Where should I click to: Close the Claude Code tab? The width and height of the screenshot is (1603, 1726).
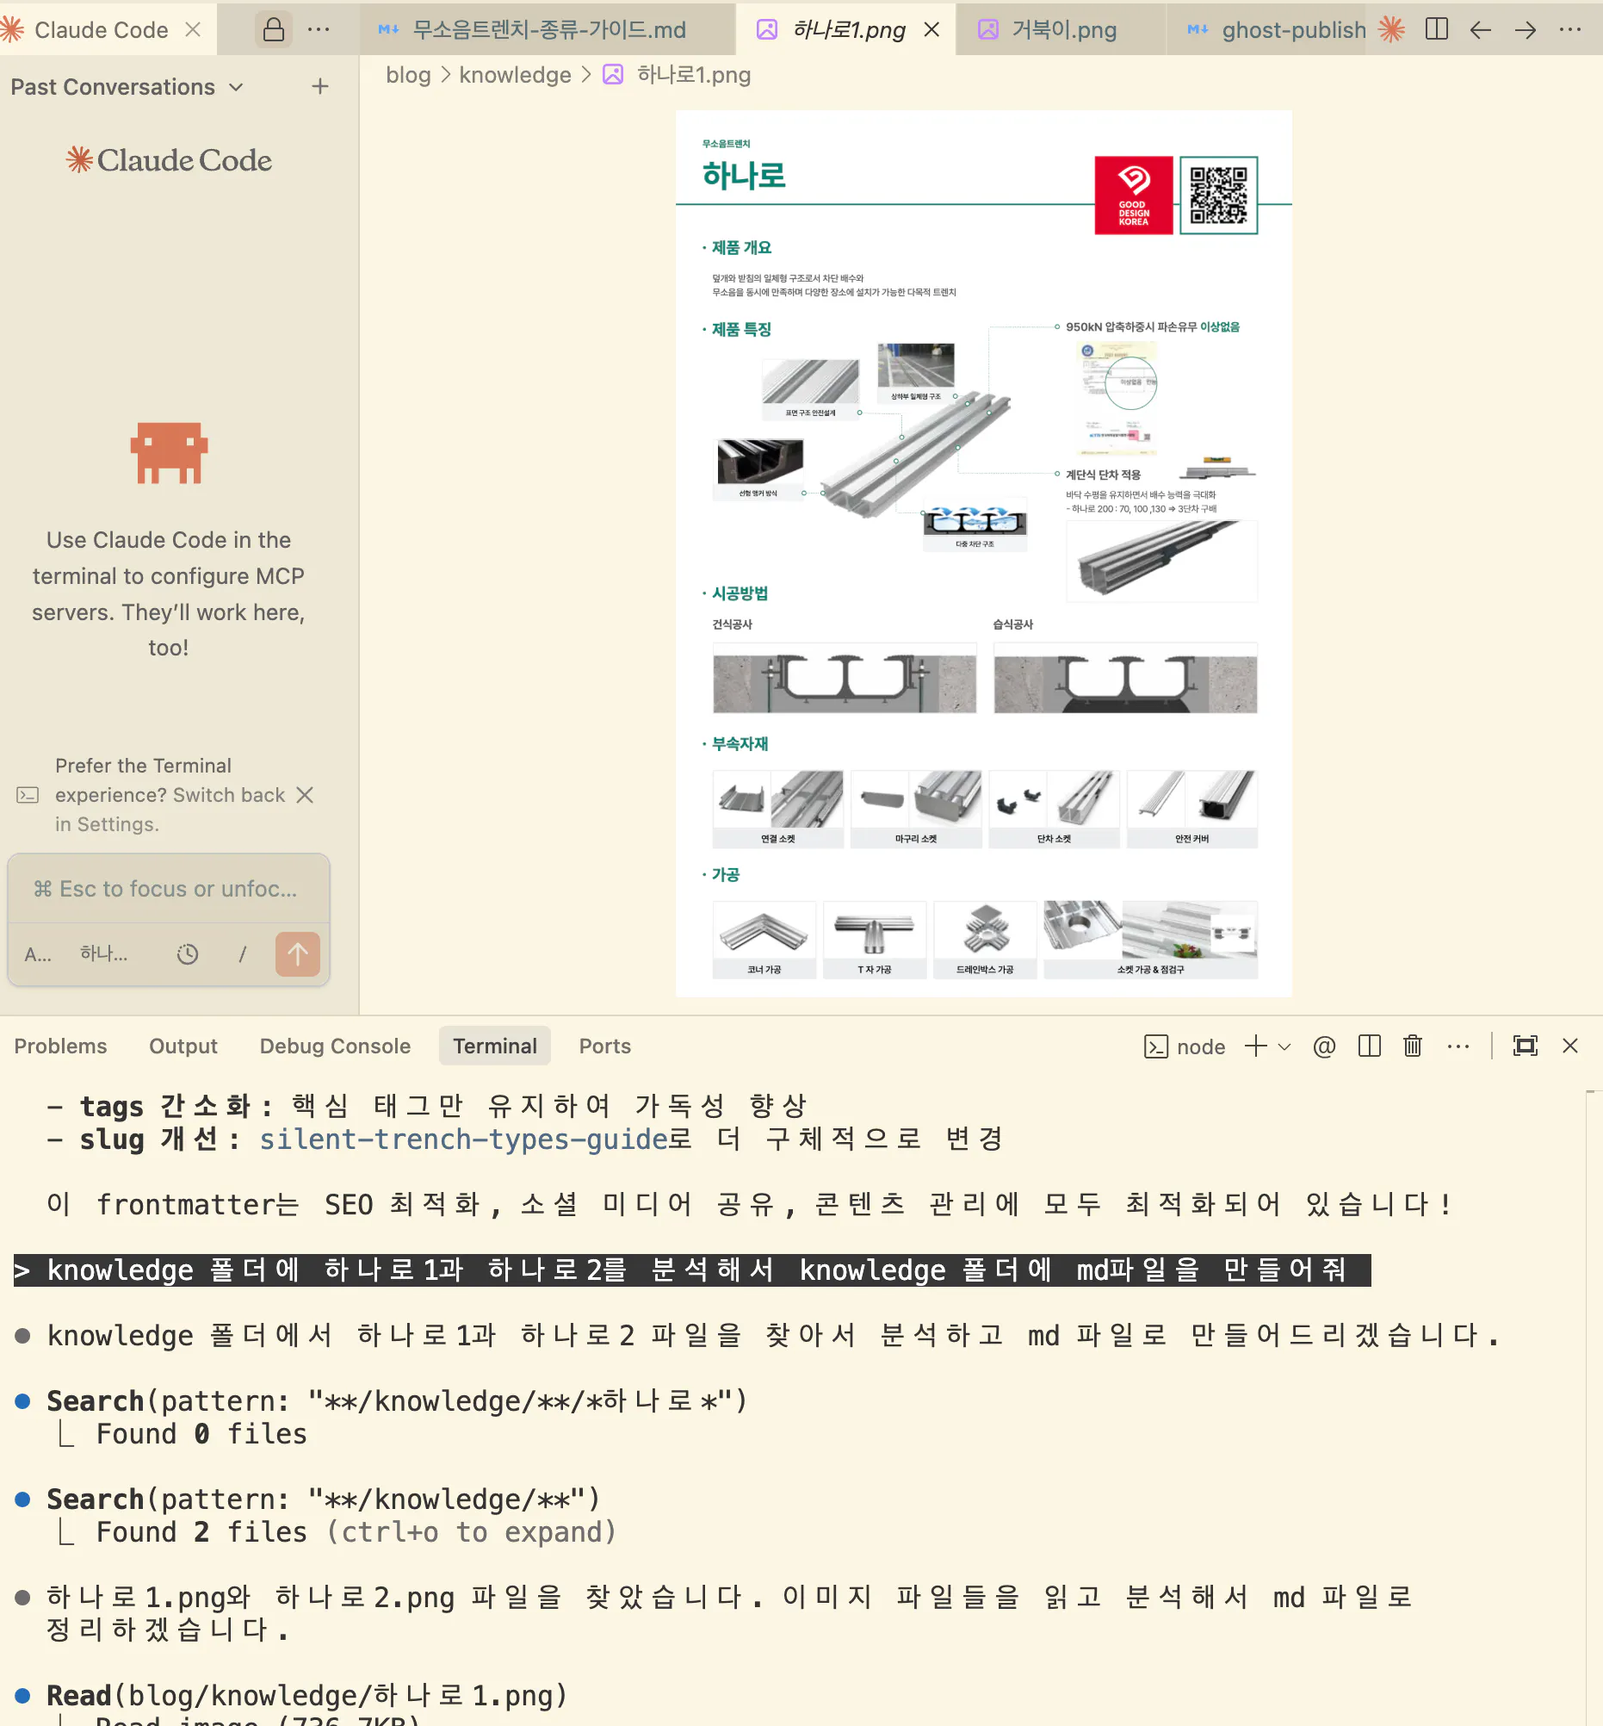[193, 29]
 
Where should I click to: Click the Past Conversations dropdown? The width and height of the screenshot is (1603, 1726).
[127, 87]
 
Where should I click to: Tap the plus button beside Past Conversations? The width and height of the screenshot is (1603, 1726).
[320, 87]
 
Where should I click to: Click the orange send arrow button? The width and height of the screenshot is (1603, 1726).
[298, 954]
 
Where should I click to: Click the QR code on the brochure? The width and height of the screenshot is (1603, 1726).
[1218, 196]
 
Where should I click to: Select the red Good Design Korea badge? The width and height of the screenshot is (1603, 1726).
[1133, 196]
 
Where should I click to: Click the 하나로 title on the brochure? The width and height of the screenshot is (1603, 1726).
[743, 176]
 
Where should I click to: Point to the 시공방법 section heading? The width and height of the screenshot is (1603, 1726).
[739, 593]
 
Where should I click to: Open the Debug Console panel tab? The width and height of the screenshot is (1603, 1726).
[335, 1046]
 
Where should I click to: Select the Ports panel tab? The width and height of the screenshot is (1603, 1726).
[604, 1046]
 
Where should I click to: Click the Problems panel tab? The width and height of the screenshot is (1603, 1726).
[61, 1046]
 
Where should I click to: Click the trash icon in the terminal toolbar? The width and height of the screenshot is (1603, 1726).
[1412, 1046]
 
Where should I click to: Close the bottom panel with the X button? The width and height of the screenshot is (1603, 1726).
[1569, 1046]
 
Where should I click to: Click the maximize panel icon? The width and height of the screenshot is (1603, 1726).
[1524, 1046]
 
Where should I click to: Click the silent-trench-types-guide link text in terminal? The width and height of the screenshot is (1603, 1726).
[464, 1139]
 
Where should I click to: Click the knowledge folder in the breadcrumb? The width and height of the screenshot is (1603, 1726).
[514, 76]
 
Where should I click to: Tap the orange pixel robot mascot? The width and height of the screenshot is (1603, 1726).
[169, 452]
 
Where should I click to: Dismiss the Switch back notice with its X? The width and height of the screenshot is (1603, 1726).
[305, 795]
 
